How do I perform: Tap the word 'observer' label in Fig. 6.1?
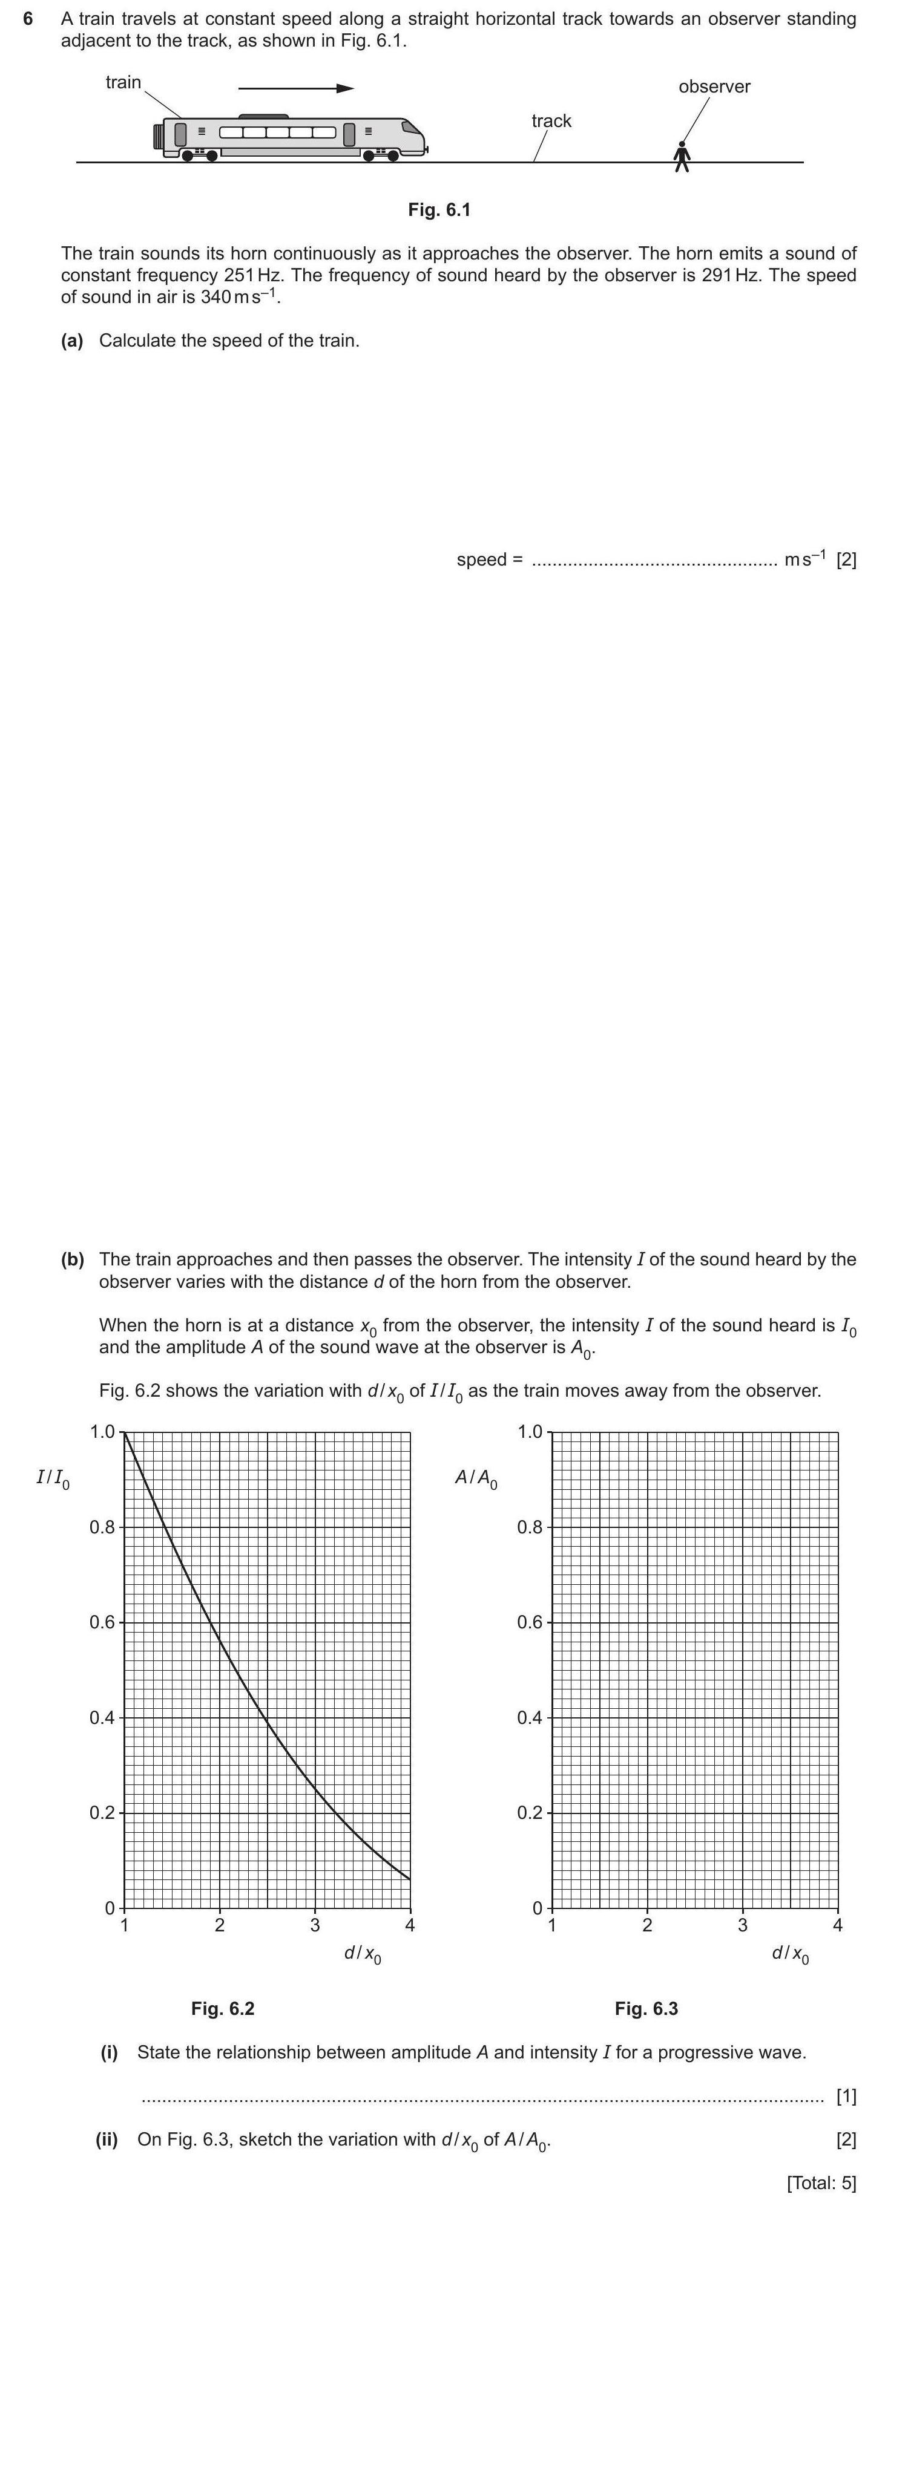click(714, 86)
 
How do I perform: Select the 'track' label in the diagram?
click(551, 121)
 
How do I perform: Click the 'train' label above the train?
click(123, 83)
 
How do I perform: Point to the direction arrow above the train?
click(296, 88)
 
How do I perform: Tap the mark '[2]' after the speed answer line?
click(846, 560)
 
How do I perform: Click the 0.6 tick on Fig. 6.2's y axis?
click(102, 1622)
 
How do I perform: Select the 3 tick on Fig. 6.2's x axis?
click(315, 1925)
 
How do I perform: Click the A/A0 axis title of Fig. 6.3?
click(476, 1479)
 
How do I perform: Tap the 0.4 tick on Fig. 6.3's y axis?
click(530, 1717)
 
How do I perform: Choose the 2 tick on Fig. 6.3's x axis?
click(646, 1925)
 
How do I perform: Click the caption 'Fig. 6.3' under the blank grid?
click(646, 2008)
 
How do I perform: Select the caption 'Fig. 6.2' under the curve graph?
click(223, 2008)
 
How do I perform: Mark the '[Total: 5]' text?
click(821, 2182)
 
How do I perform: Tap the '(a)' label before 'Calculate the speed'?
click(72, 341)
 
